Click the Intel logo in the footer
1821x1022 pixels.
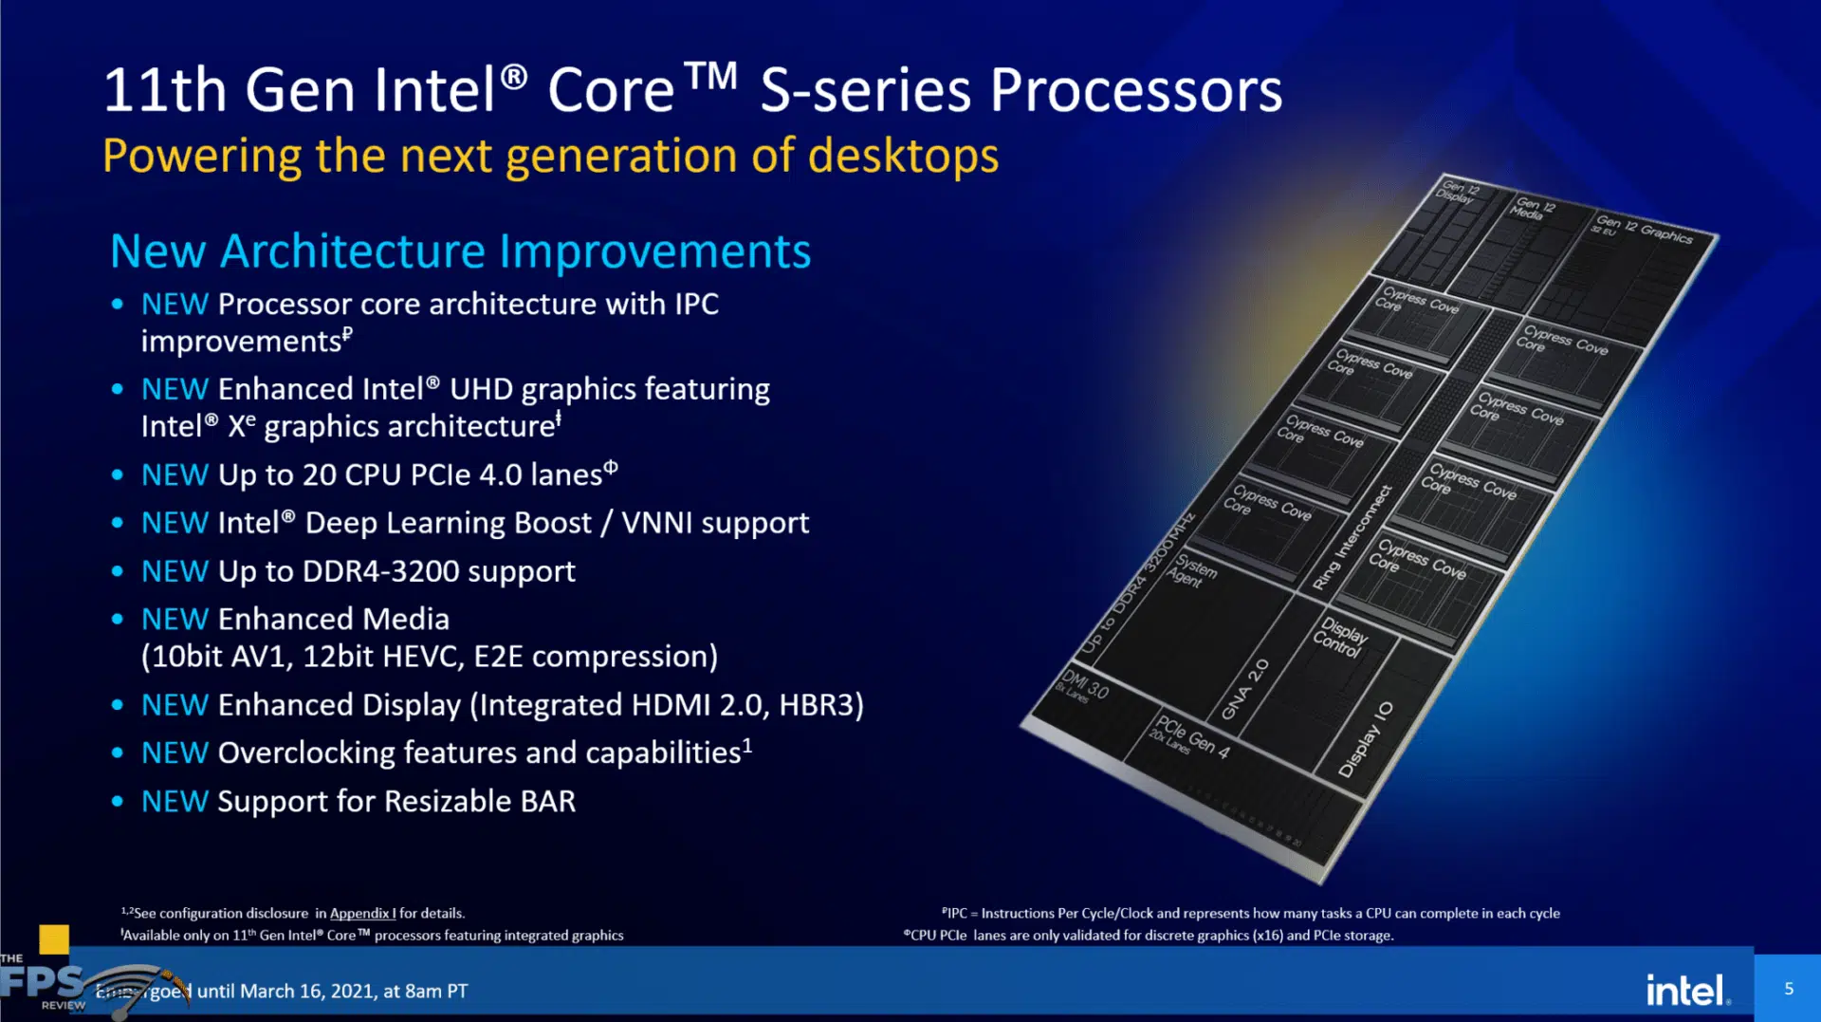pyautogui.click(x=1687, y=990)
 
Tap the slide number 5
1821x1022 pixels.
pyautogui.click(x=1789, y=989)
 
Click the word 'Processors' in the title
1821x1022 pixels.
pyautogui.click(x=1135, y=91)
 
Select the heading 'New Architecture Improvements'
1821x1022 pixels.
pyautogui.click(x=460, y=251)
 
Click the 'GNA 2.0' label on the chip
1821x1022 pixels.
pyautogui.click(x=1245, y=689)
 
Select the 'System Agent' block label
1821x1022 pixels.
pyautogui.click(x=1191, y=570)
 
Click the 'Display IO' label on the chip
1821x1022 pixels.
pyautogui.click(x=1366, y=739)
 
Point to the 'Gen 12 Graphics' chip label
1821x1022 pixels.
pyautogui.click(x=1644, y=229)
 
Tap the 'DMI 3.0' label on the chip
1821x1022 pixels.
pyautogui.click(x=1083, y=684)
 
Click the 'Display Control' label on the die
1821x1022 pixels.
pyautogui.click(x=1339, y=637)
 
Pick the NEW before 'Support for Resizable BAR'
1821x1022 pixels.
pyautogui.click(x=175, y=802)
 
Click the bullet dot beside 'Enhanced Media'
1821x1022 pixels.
pyautogui.click(x=117, y=620)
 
